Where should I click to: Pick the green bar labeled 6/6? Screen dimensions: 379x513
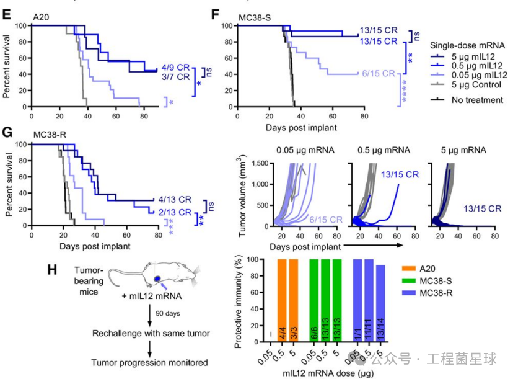313,300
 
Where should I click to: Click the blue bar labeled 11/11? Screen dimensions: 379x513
369,300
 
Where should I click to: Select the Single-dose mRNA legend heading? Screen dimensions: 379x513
471,45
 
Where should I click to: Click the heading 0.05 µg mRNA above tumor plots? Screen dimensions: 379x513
302,150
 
